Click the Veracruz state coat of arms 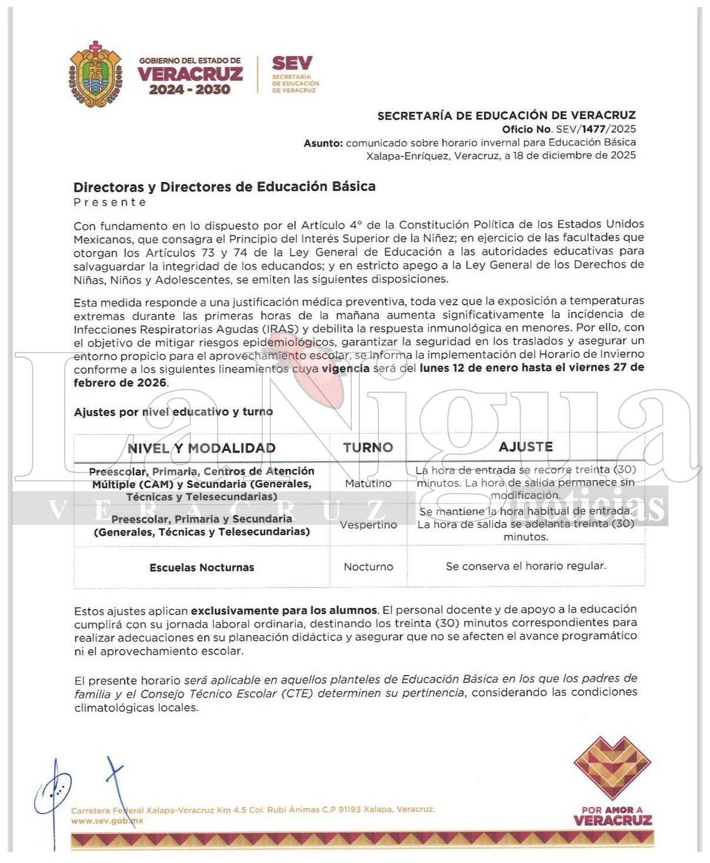pos(96,75)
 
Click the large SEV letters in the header pos(292,63)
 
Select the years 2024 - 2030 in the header pos(189,90)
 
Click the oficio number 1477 pos(593,129)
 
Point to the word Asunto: pos(323,143)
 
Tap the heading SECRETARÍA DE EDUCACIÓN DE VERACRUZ pos(506,115)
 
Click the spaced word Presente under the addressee pos(110,202)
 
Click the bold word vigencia pos(345,368)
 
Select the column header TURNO pos(368,448)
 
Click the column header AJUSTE pos(526,447)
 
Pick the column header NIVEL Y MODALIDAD pos(202,448)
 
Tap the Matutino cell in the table pos(368,484)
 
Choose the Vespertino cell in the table pos(368,525)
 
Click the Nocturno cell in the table pos(368,567)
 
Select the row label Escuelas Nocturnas pos(202,567)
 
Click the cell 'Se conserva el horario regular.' pos(526,566)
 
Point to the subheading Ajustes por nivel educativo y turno pos(173,412)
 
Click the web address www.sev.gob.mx pos(107,821)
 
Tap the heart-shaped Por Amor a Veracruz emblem pos(612,768)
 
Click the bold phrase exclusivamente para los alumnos pos(283,610)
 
